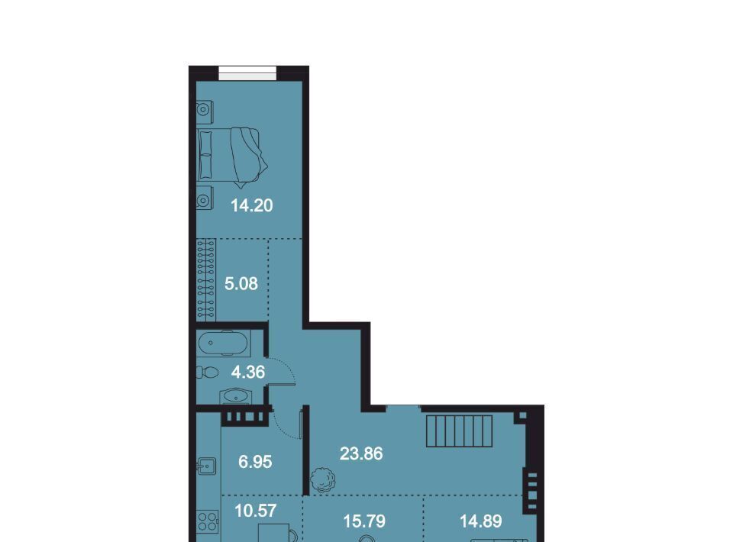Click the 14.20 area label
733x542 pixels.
[251, 205]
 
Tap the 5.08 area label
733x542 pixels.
[241, 284]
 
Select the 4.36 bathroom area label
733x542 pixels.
[247, 373]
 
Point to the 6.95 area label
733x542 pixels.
[255, 462]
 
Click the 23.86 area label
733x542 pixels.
[361, 453]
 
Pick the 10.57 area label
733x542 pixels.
[256, 511]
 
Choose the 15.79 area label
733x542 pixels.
[364, 521]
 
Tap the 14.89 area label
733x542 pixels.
[480, 521]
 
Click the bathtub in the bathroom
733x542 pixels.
[223, 344]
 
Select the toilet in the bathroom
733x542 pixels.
[207, 373]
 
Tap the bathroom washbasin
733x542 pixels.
[236, 398]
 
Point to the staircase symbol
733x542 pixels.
[459, 431]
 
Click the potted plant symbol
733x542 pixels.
[323, 479]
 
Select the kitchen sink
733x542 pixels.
[206, 466]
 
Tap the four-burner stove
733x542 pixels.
[208, 521]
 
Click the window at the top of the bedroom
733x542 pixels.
[247, 73]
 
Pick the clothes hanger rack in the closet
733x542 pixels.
[206, 279]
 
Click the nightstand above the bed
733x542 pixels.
[205, 110]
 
